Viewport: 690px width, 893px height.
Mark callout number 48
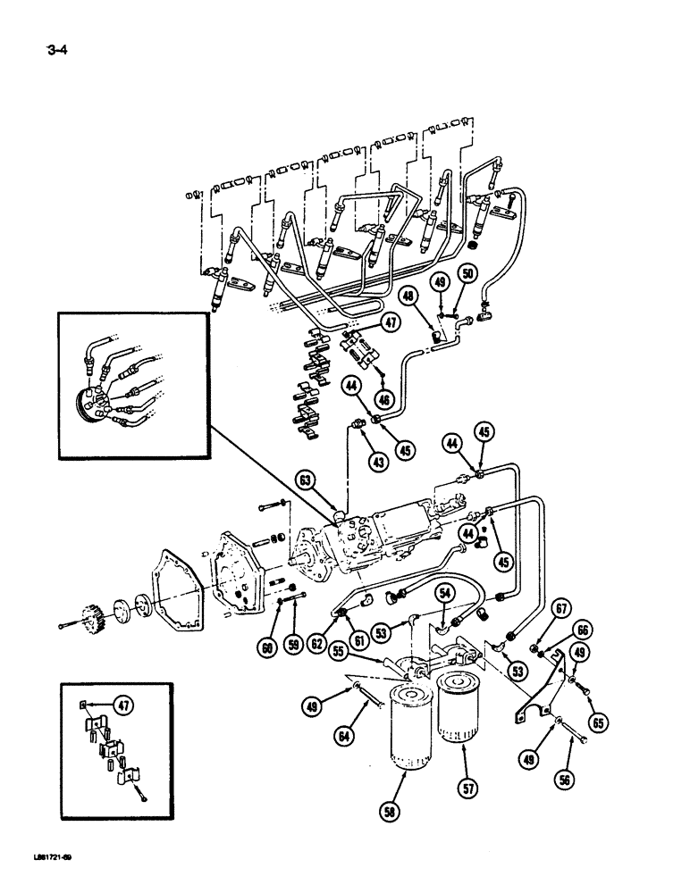[x=409, y=294]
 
